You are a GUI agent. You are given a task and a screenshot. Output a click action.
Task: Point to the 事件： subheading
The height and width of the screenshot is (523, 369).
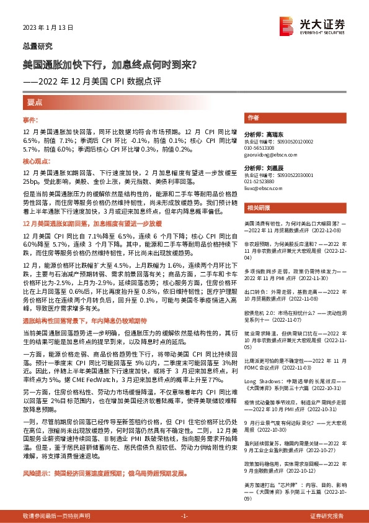[31, 119]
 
